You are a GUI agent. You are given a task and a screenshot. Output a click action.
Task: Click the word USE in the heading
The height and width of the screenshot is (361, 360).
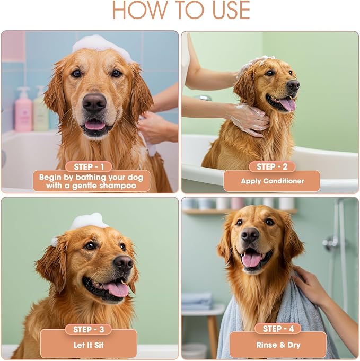[x=231, y=10]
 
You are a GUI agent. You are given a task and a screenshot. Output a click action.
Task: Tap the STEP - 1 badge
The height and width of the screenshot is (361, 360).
[x=89, y=166]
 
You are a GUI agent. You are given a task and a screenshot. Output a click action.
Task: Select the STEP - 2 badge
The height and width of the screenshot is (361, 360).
[x=272, y=166]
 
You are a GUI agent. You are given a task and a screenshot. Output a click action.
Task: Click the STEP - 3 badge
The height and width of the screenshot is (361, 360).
[x=89, y=329]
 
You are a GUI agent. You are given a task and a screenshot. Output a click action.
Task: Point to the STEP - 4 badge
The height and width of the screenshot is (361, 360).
[x=278, y=329]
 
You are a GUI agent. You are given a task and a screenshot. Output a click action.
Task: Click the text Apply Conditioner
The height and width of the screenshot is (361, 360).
[x=273, y=181]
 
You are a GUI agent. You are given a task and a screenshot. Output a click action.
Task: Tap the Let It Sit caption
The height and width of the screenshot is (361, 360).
[x=89, y=345]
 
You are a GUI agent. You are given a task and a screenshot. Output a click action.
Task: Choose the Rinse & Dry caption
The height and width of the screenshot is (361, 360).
[x=278, y=345]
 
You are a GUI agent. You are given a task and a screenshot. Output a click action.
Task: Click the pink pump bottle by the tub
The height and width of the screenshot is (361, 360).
[x=23, y=110]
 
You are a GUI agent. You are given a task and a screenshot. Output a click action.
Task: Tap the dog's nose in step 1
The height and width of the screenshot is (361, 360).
[x=94, y=103]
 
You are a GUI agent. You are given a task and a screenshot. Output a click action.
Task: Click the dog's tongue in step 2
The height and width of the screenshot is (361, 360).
[x=287, y=105]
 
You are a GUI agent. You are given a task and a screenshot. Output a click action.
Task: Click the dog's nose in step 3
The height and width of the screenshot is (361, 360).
[x=124, y=262]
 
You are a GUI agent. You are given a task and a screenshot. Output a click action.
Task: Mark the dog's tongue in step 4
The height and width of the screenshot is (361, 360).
[x=251, y=260]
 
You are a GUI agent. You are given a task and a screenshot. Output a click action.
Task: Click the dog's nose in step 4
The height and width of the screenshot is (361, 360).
[x=250, y=235]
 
